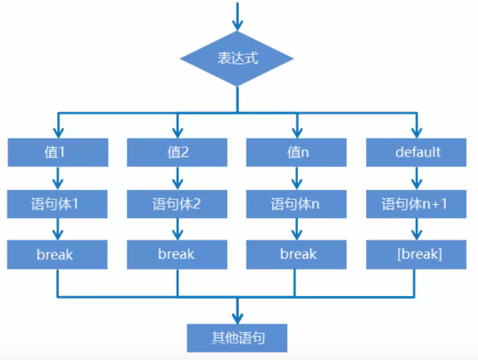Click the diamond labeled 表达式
click(237, 60)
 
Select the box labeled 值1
click(58, 153)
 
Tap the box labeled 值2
click(178, 153)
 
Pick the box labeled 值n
click(296, 153)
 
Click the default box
click(417, 153)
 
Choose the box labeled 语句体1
click(58, 203)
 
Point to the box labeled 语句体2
click(178, 203)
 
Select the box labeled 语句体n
click(296, 203)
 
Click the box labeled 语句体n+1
click(417, 203)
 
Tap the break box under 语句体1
click(58, 254)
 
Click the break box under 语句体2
click(178, 254)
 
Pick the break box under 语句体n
click(296, 254)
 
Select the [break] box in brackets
click(417, 254)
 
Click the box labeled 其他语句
click(237, 338)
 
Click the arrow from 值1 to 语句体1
click(58, 178)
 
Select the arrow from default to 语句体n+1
click(417, 178)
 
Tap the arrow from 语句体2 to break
click(178, 228)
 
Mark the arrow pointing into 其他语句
click(237, 311)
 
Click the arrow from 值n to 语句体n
click(296, 178)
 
